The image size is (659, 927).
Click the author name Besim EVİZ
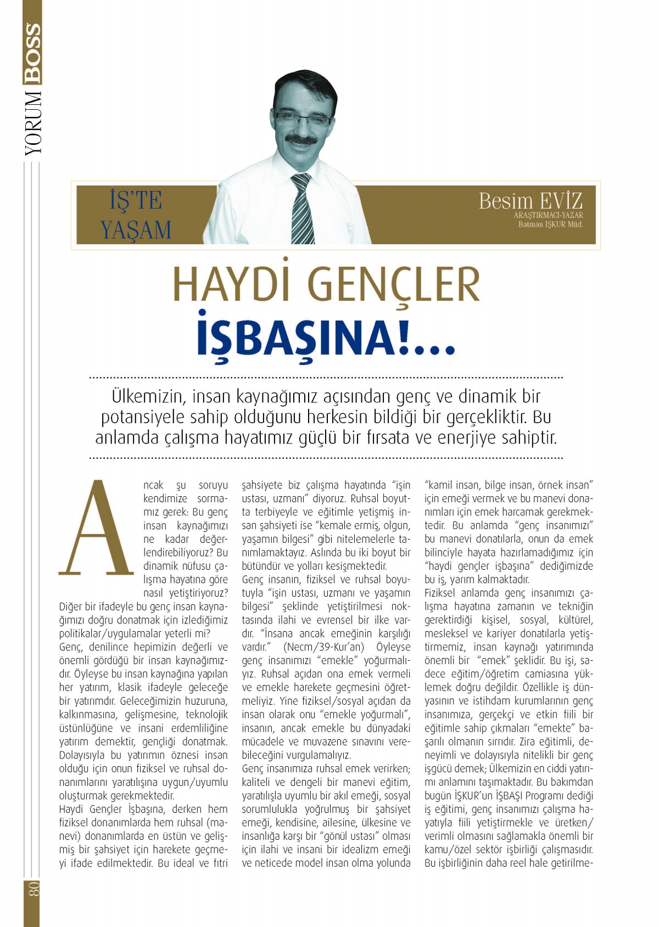tap(530, 201)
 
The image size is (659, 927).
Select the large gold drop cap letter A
tap(97, 529)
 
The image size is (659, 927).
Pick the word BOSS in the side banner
tap(32, 53)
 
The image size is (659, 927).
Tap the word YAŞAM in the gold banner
tap(136, 229)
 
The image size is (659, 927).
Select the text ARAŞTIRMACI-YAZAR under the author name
tap(548, 216)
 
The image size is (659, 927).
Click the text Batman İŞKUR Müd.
tap(550, 224)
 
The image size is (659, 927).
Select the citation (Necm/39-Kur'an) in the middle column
tap(324, 647)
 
